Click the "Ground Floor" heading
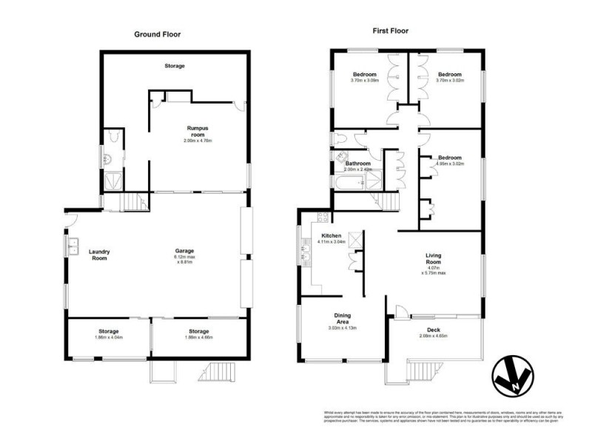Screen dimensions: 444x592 coord(157,34)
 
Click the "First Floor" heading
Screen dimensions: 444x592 coord(390,31)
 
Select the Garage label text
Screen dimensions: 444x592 coord(185,251)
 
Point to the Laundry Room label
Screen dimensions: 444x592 coord(99,254)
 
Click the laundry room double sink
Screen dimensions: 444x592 coord(74,246)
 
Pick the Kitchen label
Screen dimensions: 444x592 coord(331,236)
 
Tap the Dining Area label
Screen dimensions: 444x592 coord(342,317)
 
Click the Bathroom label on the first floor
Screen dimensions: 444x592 coord(358,164)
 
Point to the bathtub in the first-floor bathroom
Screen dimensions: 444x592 coord(349,181)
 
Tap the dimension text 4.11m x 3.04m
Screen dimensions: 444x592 coord(332,242)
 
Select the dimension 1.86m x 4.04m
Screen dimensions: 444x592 coord(110,337)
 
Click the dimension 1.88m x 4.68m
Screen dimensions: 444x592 coord(198,337)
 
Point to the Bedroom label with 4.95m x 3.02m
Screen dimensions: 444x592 coord(450,158)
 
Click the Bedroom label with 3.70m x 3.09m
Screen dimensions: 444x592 coord(364,75)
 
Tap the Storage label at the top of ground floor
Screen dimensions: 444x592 coord(175,66)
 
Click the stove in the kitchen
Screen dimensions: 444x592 coord(322,218)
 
